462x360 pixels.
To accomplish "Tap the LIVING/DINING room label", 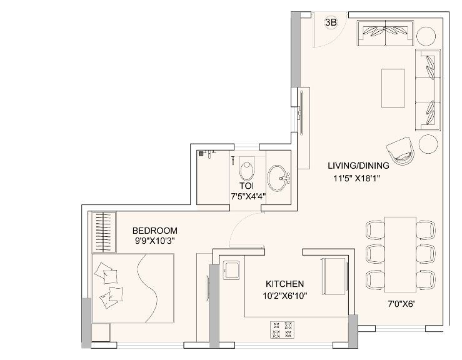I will (358, 166).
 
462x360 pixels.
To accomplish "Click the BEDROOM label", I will (154, 230).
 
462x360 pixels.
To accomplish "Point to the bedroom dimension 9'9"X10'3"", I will (154, 241).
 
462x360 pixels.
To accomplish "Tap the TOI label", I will (245, 186).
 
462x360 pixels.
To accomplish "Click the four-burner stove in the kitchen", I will (281, 328).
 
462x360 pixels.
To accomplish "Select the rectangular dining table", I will (400, 252).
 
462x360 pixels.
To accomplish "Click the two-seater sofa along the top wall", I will (384, 32).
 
